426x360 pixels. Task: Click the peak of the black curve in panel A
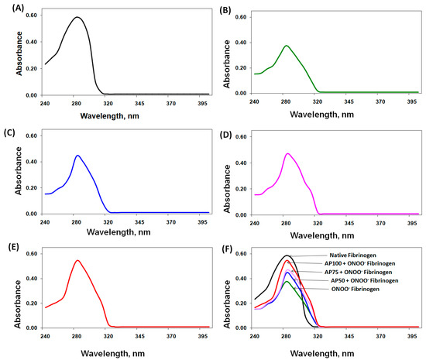[x=77, y=17]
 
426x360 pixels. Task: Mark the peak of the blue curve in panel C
[x=77, y=156]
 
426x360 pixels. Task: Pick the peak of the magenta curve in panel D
[x=287, y=153]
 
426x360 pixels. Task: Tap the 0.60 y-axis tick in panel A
[x=30, y=17]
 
